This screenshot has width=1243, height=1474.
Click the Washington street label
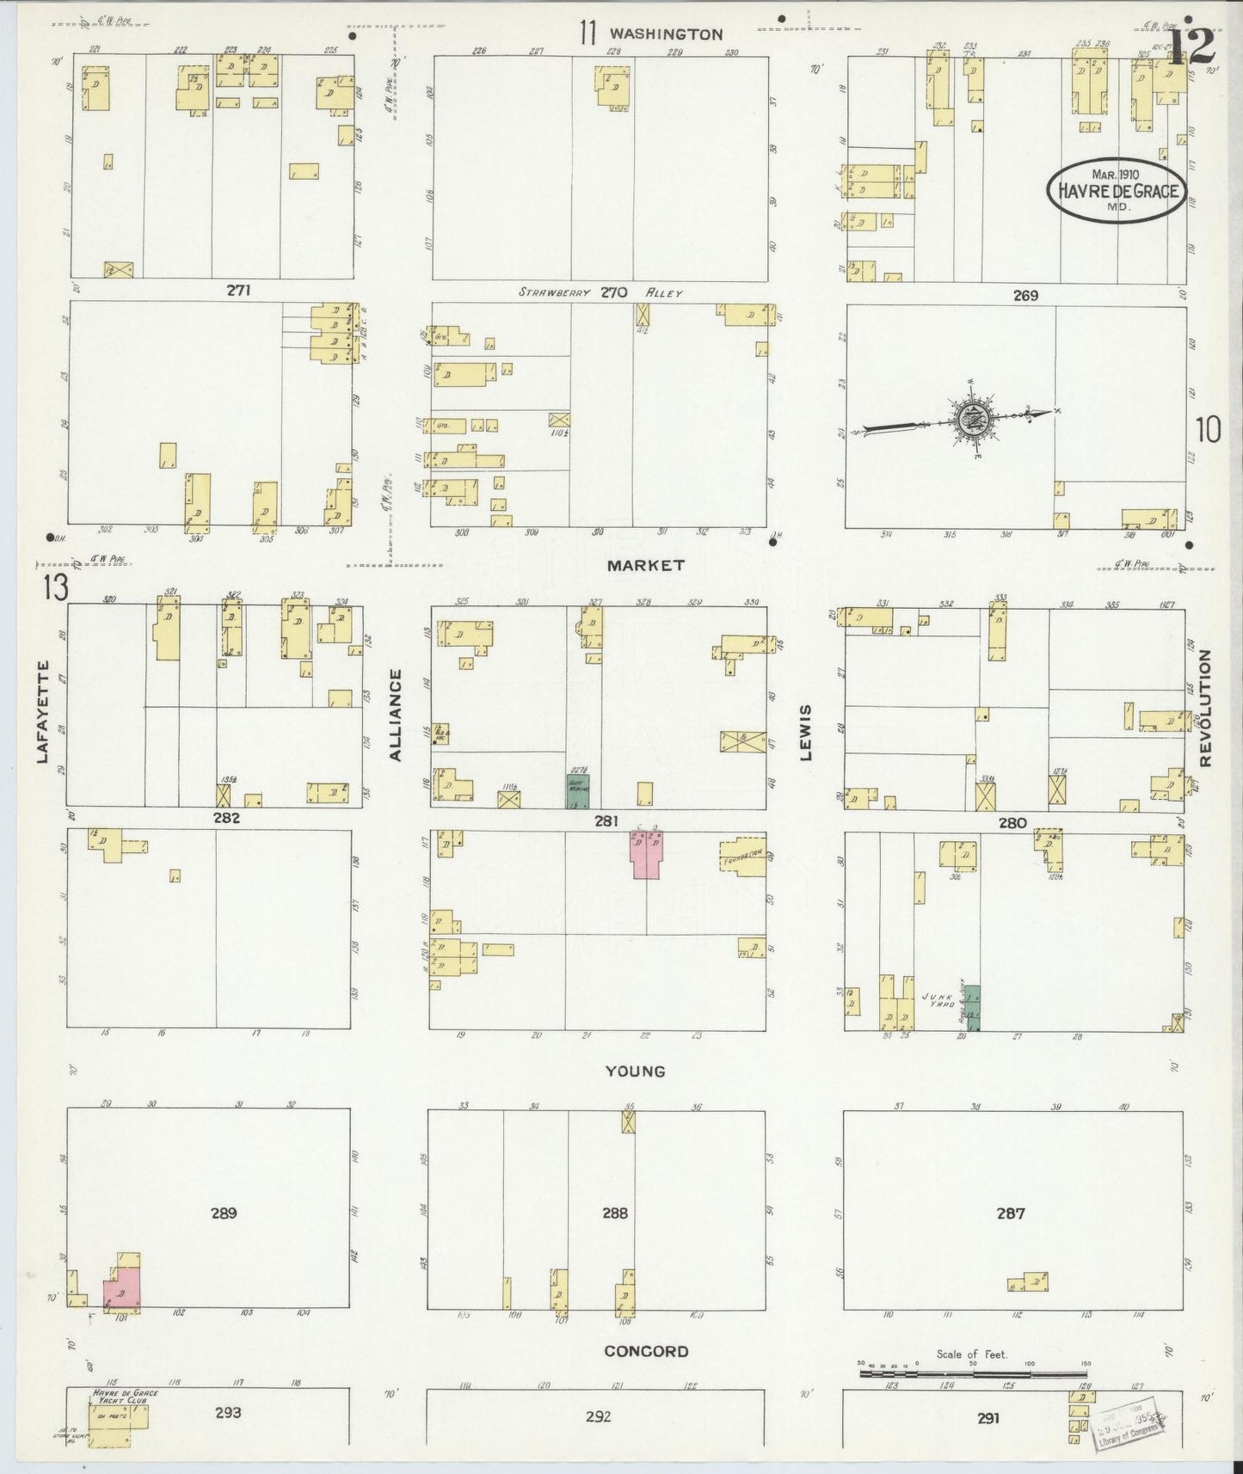pos(666,34)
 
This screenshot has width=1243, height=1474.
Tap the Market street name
pos(645,565)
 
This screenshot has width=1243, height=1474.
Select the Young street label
pos(635,1071)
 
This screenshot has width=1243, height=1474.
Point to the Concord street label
pos(646,1351)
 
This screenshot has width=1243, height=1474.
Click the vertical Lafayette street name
pos(41,711)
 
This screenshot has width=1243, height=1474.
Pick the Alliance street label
pos(397,716)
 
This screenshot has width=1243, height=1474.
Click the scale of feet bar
pos(972,1374)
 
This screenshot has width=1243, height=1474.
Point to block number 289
pos(223,1213)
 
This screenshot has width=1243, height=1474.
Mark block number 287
pos(1011,1213)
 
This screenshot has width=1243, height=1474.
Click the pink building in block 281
pos(647,855)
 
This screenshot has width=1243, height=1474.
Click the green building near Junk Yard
pos(971,1007)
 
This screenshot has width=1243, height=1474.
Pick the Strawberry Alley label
pos(600,292)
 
